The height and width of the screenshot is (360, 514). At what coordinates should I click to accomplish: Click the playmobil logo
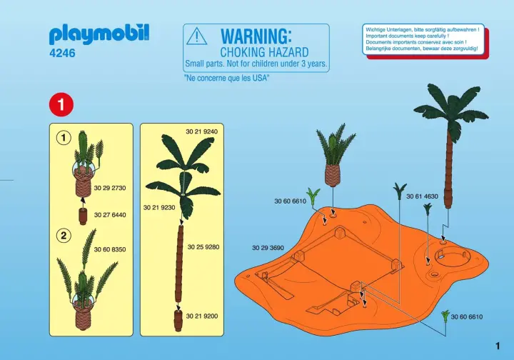coord(99,34)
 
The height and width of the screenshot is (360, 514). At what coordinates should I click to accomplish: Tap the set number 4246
coord(62,53)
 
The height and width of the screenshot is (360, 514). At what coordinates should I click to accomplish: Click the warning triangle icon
coord(197,36)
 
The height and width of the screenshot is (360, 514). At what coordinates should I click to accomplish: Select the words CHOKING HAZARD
coord(264,52)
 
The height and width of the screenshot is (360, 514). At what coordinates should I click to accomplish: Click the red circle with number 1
coord(61,105)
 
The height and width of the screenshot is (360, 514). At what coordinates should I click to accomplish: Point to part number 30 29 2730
coord(110,188)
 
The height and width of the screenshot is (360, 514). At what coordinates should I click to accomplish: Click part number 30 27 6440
coord(110,215)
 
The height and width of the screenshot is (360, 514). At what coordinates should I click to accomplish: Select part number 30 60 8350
coord(110,249)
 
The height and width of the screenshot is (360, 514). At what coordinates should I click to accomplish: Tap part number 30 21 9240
coord(201,132)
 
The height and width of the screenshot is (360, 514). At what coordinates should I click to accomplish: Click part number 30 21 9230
coord(159,208)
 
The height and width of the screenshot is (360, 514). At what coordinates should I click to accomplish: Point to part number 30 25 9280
coord(203,247)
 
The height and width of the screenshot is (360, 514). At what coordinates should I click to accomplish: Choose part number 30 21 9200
coord(201,316)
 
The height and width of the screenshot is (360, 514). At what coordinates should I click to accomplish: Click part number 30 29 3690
coord(268,248)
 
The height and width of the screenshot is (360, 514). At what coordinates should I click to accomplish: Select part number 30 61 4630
coord(422,196)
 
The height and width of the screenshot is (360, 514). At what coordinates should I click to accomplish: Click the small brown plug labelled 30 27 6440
coord(84,216)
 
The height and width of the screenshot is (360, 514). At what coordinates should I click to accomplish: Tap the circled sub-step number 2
coord(64,236)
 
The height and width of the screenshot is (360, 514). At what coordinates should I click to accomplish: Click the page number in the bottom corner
coord(498,346)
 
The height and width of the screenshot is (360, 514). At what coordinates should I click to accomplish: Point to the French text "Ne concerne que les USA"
coord(227,78)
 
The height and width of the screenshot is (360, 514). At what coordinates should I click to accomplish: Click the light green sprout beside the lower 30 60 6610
coord(445,316)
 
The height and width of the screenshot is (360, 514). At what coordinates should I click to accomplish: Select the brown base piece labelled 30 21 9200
coord(178,320)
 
